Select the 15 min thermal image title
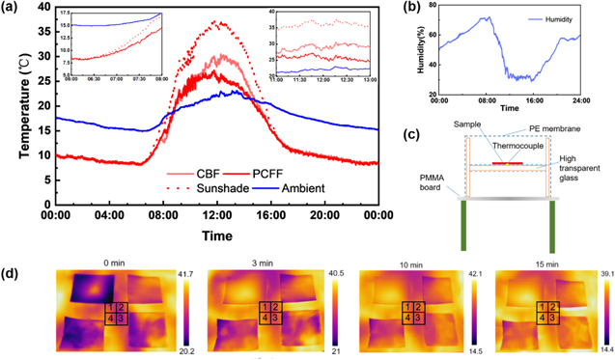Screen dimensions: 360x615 [537, 261]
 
